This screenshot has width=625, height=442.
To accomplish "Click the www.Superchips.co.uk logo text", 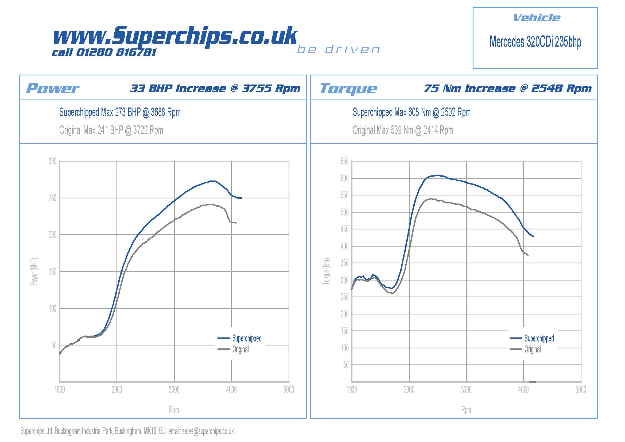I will [175, 36].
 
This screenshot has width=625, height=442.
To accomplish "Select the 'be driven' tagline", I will [338, 49].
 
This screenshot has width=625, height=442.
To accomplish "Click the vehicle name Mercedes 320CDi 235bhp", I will [535, 42].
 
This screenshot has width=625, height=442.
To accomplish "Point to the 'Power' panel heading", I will [53, 89].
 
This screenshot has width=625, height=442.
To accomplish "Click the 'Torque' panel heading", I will [348, 89].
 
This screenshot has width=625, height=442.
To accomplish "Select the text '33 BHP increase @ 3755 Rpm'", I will [215, 89].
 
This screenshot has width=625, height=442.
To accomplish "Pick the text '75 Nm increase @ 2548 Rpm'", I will [508, 89].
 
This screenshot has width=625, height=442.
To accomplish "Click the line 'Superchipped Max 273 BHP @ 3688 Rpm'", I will [120, 112].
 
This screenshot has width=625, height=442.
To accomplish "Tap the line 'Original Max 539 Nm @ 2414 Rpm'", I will [403, 130].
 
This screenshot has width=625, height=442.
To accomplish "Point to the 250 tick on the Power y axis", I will [52, 198].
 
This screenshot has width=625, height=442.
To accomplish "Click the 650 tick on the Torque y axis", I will [344, 161].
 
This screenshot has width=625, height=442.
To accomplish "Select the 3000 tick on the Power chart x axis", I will [174, 390].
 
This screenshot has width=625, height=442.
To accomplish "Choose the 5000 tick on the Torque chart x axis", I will [581, 390].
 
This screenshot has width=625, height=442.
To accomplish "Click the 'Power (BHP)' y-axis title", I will [34, 271].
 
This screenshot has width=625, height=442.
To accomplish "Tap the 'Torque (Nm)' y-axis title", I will [326, 271].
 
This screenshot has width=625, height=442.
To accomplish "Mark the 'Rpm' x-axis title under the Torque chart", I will [466, 410].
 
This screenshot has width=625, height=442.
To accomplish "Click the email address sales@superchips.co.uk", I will [208, 431].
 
